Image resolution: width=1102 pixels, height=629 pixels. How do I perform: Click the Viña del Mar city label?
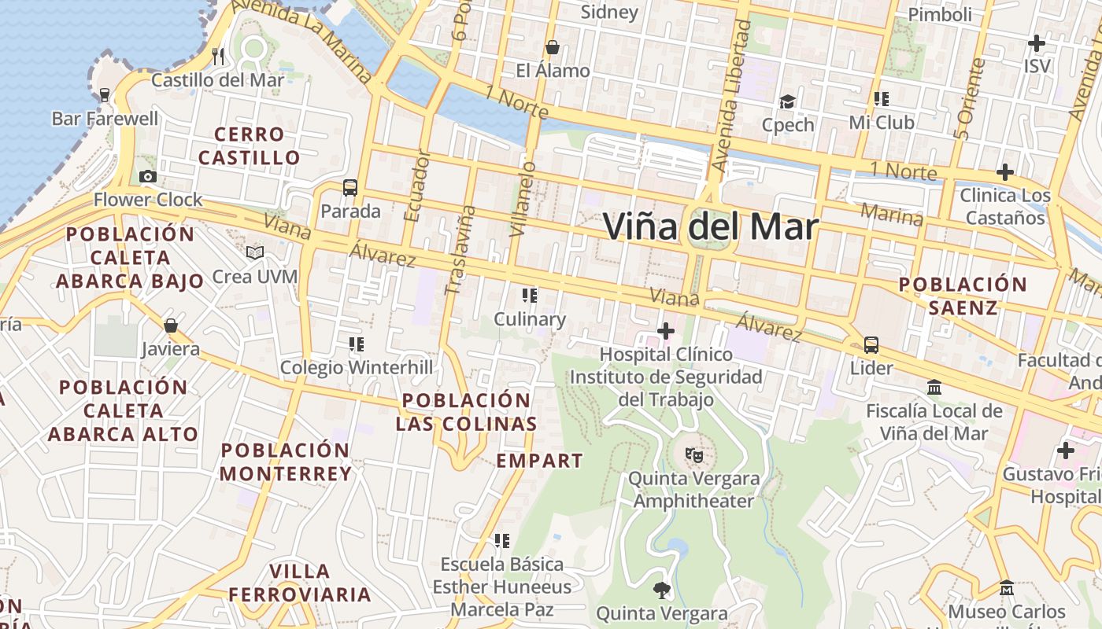[711, 226]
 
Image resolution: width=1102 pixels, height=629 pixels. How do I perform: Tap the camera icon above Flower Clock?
[147, 177]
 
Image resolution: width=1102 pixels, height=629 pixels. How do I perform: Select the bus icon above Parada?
[350, 188]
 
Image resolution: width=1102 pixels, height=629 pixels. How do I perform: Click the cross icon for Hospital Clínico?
[666, 331]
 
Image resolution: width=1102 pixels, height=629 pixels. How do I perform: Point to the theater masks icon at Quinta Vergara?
[693, 454]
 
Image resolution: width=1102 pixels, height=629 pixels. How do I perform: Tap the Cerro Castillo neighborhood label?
[249, 146]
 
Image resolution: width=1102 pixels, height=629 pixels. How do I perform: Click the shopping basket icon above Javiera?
[171, 325]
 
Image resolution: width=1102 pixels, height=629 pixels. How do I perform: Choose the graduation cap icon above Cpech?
[787, 101]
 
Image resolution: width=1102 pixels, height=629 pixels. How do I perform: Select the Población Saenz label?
[963, 296]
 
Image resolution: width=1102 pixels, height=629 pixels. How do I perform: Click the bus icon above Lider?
[871, 344]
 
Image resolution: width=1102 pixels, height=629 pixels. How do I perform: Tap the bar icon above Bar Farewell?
[104, 95]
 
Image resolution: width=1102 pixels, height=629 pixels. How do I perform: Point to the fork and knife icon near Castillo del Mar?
[219, 56]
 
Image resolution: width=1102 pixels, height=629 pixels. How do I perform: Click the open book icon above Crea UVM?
[254, 252]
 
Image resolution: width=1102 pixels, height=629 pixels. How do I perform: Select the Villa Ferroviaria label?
[299, 583]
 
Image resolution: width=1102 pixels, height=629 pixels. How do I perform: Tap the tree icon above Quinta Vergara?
[661, 589]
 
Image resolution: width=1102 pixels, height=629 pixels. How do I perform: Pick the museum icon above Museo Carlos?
[1006, 587]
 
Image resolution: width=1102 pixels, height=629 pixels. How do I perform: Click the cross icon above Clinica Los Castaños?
[1004, 171]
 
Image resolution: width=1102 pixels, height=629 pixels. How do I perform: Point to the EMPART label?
[539, 461]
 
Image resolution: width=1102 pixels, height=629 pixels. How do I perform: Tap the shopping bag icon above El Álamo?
[553, 47]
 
